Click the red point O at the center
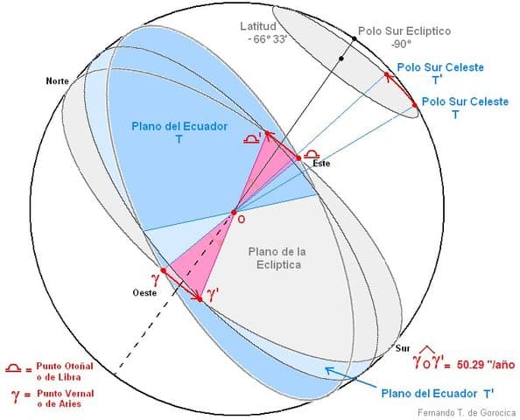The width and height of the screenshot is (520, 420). pyautogui.click(x=234, y=212)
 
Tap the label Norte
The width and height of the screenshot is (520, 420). pyautogui.click(x=58, y=80)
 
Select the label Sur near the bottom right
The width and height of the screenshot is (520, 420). pyautogui.click(x=403, y=348)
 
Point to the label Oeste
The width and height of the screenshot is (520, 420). pyautogui.click(x=144, y=293)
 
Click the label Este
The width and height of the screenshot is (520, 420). pyautogui.click(x=321, y=163)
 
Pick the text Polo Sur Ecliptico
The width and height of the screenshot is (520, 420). pyautogui.click(x=404, y=31)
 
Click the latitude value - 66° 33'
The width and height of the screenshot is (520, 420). pyautogui.click(x=268, y=38)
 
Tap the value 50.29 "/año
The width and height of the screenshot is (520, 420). pyautogui.click(x=486, y=365)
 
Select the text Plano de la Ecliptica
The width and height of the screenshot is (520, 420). pyautogui.click(x=277, y=258)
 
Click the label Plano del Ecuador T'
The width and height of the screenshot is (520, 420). pyautogui.click(x=438, y=394)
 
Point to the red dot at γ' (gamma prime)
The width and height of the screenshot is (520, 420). pyautogui.click(x=200, y=299)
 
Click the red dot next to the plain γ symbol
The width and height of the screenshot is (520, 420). pyautogui.click(x=163, y=270)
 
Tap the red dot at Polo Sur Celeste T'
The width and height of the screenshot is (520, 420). pyautogui.click(x=387, y=75)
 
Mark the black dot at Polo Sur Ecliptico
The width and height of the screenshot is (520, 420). pyautogui.click(x=355, y=39)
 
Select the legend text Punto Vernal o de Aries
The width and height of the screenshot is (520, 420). pyautogui.click(x=66, y=398)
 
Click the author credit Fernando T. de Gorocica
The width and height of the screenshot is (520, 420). pyautogui.click(x=467, y=413)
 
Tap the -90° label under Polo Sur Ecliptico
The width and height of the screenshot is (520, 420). pyautogui.click(x=401, y=44)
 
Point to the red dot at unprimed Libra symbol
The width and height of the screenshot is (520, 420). pyautogui.click(x=299, y=158)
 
